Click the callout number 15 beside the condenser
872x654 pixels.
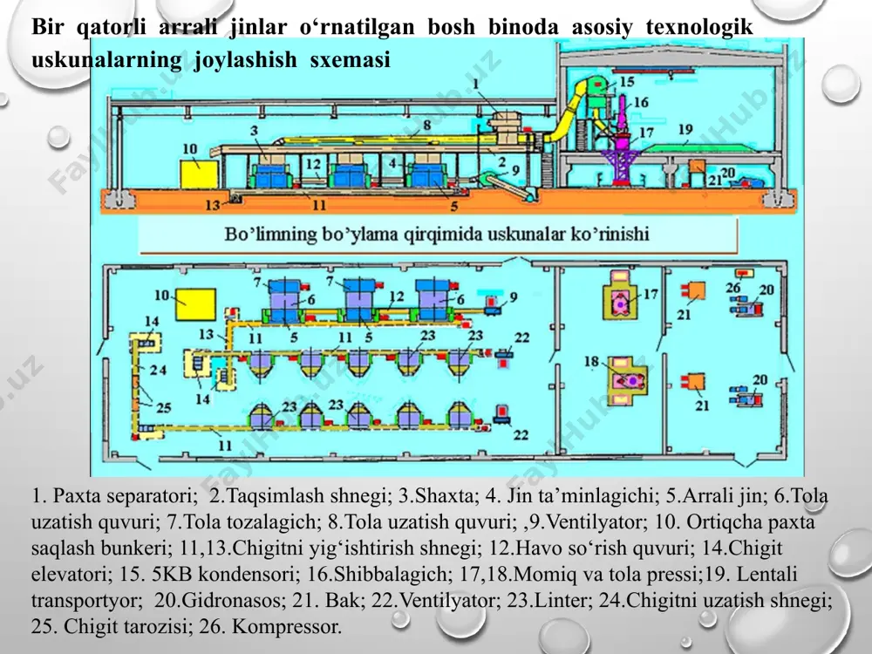627,82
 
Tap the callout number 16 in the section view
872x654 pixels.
641,102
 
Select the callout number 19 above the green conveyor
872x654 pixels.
685,130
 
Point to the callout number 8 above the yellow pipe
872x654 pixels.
426,125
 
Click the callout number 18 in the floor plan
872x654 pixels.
591,362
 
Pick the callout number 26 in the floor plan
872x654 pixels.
733,288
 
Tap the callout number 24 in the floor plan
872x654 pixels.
158,370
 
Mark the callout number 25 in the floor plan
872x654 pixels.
164,407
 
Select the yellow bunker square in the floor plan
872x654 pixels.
195,304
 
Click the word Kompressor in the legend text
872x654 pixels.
286,626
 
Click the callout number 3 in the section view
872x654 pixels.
254,131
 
